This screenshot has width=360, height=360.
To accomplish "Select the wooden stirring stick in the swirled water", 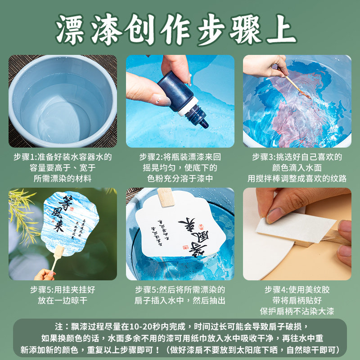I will pos(291,83).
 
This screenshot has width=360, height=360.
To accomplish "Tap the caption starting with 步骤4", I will pos(297,300).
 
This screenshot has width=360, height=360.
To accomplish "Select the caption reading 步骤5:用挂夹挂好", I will pos(63,295).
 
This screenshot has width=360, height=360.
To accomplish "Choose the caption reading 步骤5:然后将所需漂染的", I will pos(180,295).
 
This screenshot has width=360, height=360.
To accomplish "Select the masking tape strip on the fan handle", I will pos(292,229).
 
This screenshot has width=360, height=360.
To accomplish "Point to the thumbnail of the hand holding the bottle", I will pos(180,101).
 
